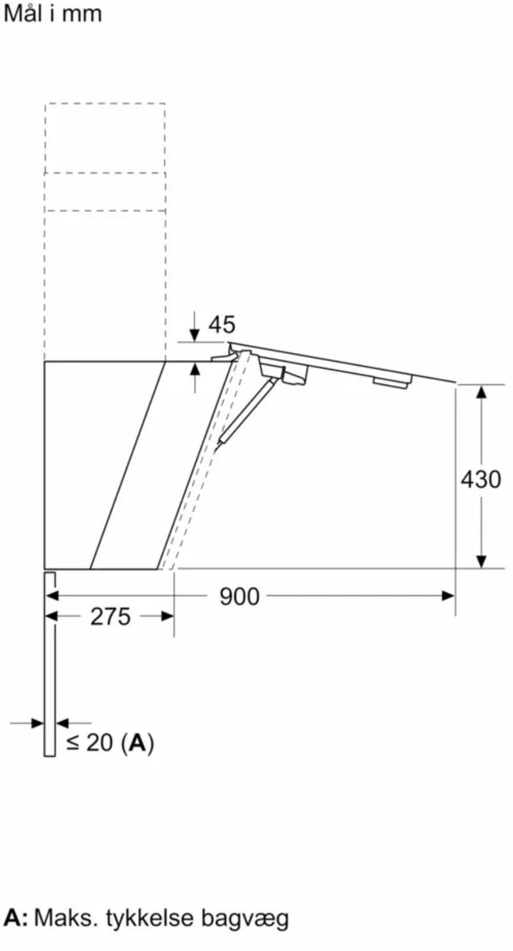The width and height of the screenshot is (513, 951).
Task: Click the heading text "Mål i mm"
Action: click(x=53, y=14)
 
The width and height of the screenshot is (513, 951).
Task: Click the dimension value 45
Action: click(x=221, y=325)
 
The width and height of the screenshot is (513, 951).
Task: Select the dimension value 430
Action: click(x=481, y=480)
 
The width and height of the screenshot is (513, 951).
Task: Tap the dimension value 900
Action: click(x=239, y=597)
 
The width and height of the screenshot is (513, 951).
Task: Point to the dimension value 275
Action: click(x=110, y=616)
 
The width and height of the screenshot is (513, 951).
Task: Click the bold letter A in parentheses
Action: click(x=137, y=742)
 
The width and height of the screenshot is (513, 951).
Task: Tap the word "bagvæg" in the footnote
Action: click(x=245, y=918)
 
